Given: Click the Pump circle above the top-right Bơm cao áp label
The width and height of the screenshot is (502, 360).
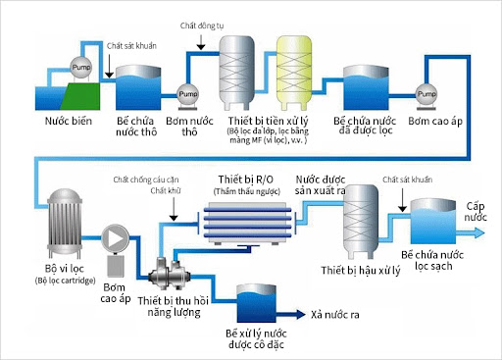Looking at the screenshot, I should pos(427,94).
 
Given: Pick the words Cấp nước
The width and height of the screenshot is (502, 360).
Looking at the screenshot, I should pos(477,212).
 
